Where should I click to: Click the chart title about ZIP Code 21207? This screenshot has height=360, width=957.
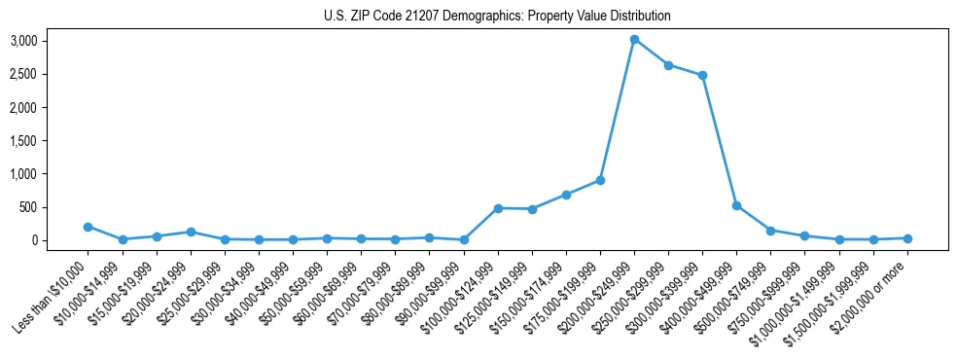(497, 16)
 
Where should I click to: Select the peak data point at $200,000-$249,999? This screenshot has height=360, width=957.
(634, 40)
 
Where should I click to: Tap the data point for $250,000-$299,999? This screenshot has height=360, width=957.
(668, 65)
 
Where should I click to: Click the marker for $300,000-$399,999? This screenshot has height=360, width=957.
(702, 75)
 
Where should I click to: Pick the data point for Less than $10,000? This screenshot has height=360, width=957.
(89, 227)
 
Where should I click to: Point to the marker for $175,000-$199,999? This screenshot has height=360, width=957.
(600, 180)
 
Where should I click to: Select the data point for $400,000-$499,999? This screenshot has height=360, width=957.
(736, 205)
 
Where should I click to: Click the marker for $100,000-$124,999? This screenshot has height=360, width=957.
(498, 208)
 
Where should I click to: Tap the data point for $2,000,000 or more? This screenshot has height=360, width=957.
(907, 238)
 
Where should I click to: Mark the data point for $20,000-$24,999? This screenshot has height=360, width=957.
(191, 232)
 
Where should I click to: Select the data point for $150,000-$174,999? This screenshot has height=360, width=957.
(566, 195)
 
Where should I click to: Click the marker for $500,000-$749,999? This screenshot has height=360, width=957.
(770, 231)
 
